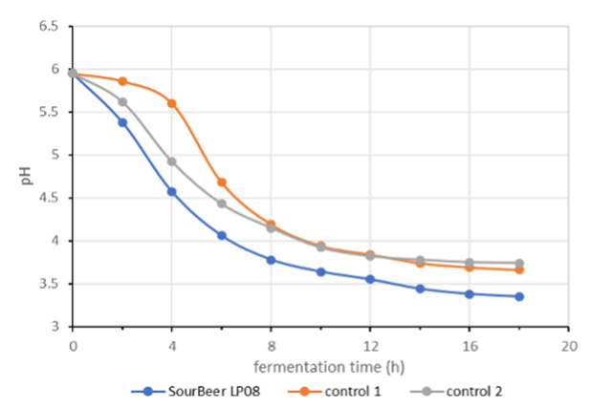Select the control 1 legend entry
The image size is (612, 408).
[x=339, y=391]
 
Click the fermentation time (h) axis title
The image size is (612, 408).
[x=320, y=367]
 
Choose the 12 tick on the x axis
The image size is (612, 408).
[x=370, y=345]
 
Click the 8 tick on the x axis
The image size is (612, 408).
[x=271, y=345]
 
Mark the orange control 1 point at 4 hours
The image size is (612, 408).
[x=172, y=103]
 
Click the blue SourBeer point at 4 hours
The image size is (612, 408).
[x=172, y=191]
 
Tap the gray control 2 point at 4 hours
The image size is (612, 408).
[x=172, y=161]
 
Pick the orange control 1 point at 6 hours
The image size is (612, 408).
[x=222, y=182]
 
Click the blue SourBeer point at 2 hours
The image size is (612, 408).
[x=122, y=122]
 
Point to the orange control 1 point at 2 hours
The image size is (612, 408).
[x=122, y=81]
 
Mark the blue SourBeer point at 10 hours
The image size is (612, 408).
[x=320, y=271]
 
